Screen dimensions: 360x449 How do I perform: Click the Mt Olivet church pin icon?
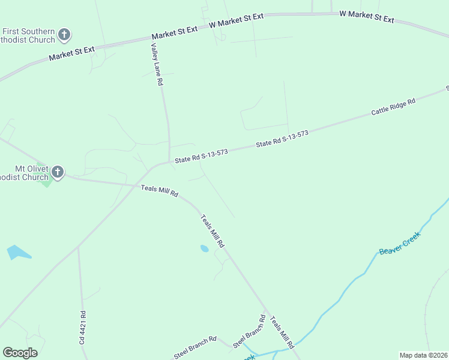tap(57, 173)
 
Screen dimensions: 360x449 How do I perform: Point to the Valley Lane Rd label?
tap(157, 65)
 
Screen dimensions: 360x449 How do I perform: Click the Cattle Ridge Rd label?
tap(393, 107)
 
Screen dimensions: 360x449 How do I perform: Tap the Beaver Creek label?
tap(400, 242)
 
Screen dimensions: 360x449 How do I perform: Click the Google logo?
tap(20, 353)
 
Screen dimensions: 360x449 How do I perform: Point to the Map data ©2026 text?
tap(424, 355)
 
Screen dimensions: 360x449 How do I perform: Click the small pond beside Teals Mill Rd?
tap(204, 248)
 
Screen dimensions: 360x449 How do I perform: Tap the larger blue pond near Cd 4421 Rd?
tap(17, 253)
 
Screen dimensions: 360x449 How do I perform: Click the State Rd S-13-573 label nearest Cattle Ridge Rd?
tap(282, 139)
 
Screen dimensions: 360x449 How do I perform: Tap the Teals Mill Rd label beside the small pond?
tap(212, 232)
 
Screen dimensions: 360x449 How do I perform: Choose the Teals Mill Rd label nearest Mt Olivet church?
tap(160, 191)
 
